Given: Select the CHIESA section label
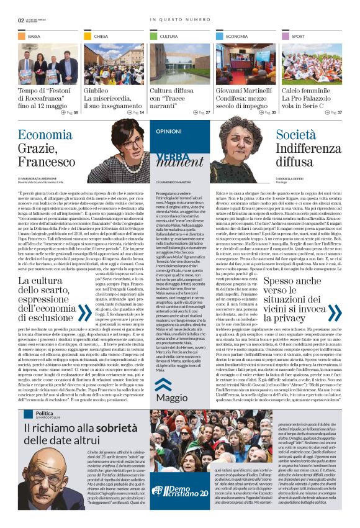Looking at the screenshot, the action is tap(101, 37).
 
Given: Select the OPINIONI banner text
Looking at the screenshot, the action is tap(169, 132).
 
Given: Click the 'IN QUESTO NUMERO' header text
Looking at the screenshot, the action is tap(180, 19).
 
